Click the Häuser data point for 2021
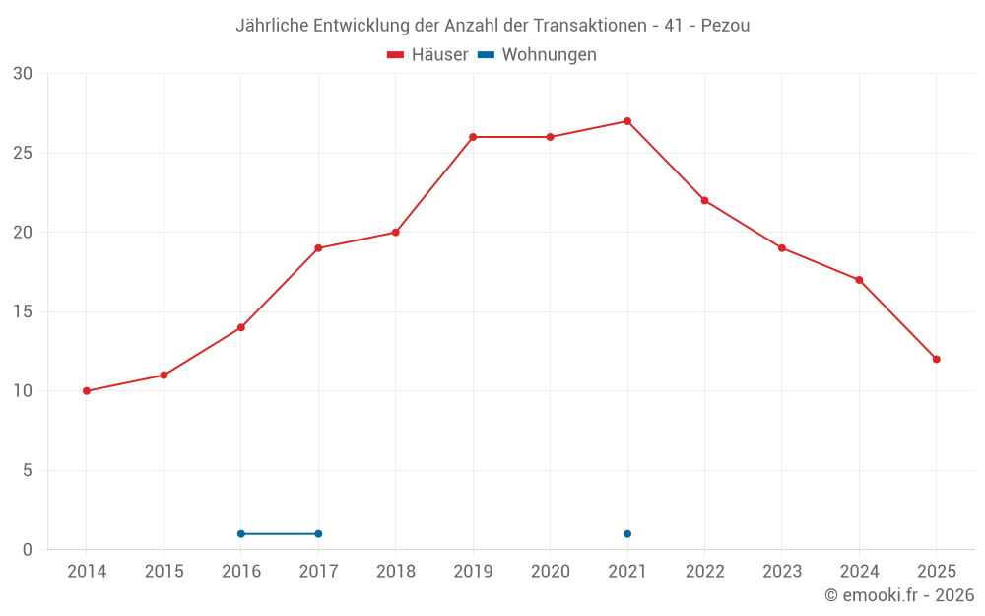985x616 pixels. (x=627, y=121)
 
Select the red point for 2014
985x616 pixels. (x=87, y=391)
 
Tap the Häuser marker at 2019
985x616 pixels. (x=473, y=137)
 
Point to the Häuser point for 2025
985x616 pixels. (x=936, y=359)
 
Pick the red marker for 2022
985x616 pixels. (x=704, y=200)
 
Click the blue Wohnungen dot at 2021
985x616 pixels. (x=627, y=534)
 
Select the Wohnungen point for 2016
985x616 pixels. (x=241, y=534)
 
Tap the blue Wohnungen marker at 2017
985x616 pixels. (x=318, y=534)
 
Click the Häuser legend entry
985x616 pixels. (x=427, y=55)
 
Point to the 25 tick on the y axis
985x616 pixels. (x=23, y=153)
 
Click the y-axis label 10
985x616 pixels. (x=23, y=391)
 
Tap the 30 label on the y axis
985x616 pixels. (x=23, y=74)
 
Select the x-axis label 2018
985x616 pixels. (x=395, y=572)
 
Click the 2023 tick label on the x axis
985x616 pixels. (x=781, y=572)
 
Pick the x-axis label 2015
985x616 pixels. (x=164, y=572)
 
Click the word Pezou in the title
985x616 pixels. (x=725, y=26)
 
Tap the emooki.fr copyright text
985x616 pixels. (x=899, y=595)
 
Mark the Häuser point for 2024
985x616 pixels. (x=859, y=280)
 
